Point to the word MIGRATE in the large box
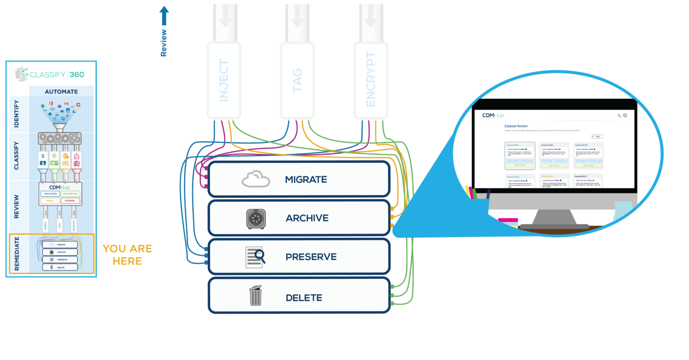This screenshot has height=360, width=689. tap(306, 180)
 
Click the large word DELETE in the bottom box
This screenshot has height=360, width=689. tap(304, 298)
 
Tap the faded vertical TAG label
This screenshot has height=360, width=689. tap(297, 80)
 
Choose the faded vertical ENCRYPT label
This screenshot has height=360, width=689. tap(371, 80)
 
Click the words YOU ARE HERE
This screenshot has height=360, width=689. tap(127, 255)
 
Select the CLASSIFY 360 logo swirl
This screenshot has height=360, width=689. tap(21, 74)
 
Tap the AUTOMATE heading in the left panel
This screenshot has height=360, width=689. tap(61, 91)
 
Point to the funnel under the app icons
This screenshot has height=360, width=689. tap(59, 126)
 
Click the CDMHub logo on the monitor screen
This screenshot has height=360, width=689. tap(493, 115)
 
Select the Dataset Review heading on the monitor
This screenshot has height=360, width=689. tap(516, 126)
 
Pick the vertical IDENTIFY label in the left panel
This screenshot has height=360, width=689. tap(16, 113)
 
